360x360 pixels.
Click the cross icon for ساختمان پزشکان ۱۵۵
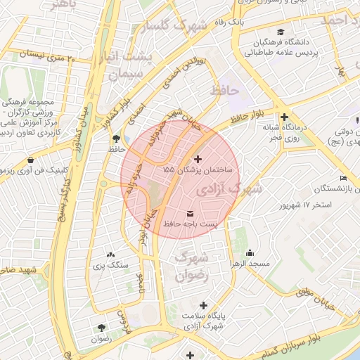pyautogui.click(x=198, y=159)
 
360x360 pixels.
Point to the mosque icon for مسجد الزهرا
pyautogui.click(x=250, y=253)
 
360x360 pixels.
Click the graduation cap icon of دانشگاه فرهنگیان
pyautogui.click(x=281, y=32)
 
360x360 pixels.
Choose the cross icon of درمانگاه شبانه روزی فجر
pyautogui.click(x=284, y=117)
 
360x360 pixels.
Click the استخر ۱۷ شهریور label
pyautogui.click(x=305, y=205)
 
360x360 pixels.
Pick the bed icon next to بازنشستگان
pyautogui.click(x=343, y=178)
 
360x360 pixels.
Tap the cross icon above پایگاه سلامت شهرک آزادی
pyautogui.click(x=204, y=305)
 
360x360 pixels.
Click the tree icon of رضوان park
pyautogui.click(x=101, y=328)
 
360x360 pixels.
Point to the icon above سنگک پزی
pyautogui.click(x=110, y=255)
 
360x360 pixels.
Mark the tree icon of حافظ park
pyautogui.click(x=115, y=139)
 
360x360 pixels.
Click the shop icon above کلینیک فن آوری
pyautogui.click(x=31, y=160)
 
